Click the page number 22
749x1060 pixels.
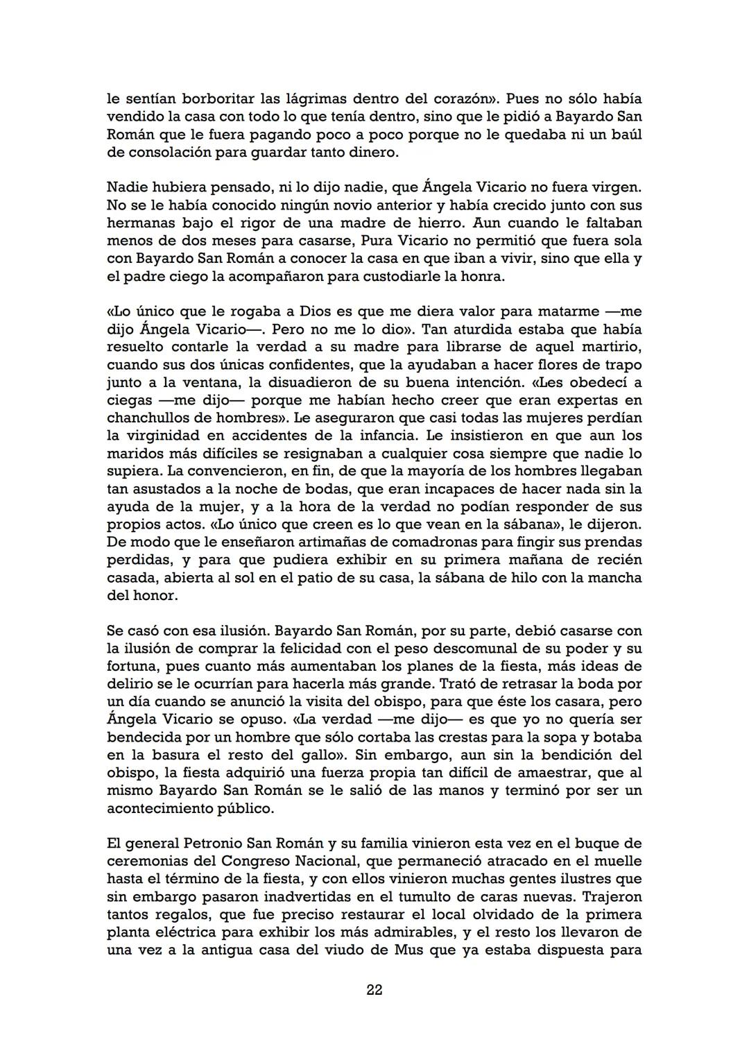click(x=374, y=990)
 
